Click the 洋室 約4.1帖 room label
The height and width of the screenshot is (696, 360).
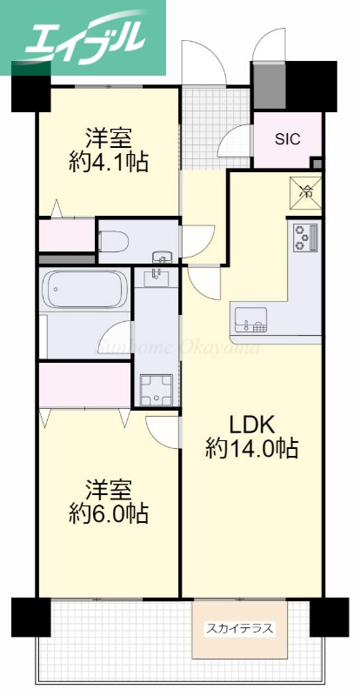(x=108, y=149)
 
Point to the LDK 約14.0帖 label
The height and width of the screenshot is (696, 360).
(x=252, y=437)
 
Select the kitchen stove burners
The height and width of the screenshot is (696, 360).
(x=304, y=237)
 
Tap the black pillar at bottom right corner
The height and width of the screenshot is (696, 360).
(x=329, y=616)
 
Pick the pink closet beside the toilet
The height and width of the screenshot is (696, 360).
(x=66, y=236)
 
